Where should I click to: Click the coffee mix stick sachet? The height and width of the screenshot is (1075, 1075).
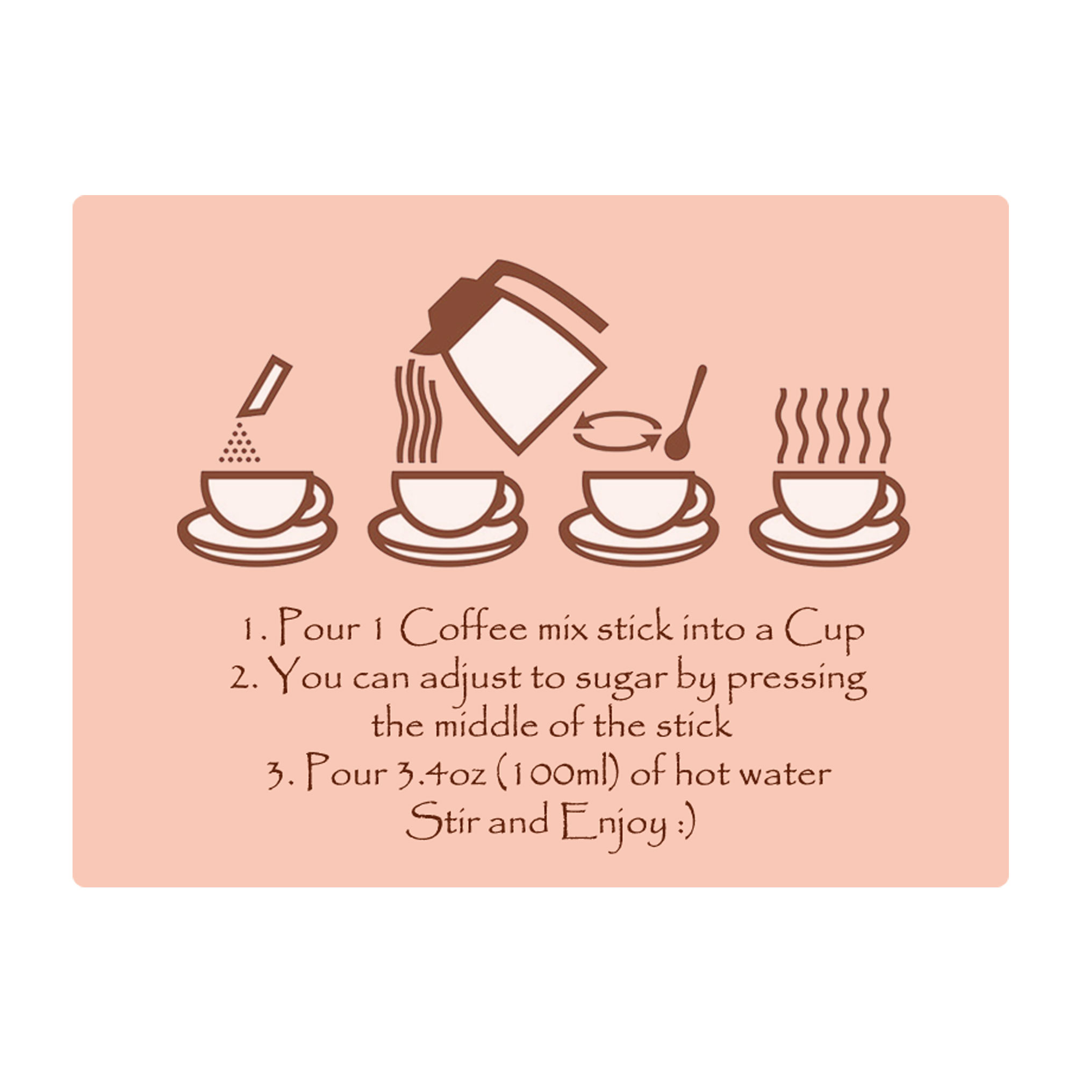pyautogui.click(x=264, y=386)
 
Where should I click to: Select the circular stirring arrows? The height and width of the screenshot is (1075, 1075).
pyautogui.click(x=618, y=431)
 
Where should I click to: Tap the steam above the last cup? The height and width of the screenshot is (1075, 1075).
pyautogui.click(x=833, y=426)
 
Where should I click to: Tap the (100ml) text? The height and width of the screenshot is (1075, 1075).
pyautogui.click(x=558, y=774)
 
